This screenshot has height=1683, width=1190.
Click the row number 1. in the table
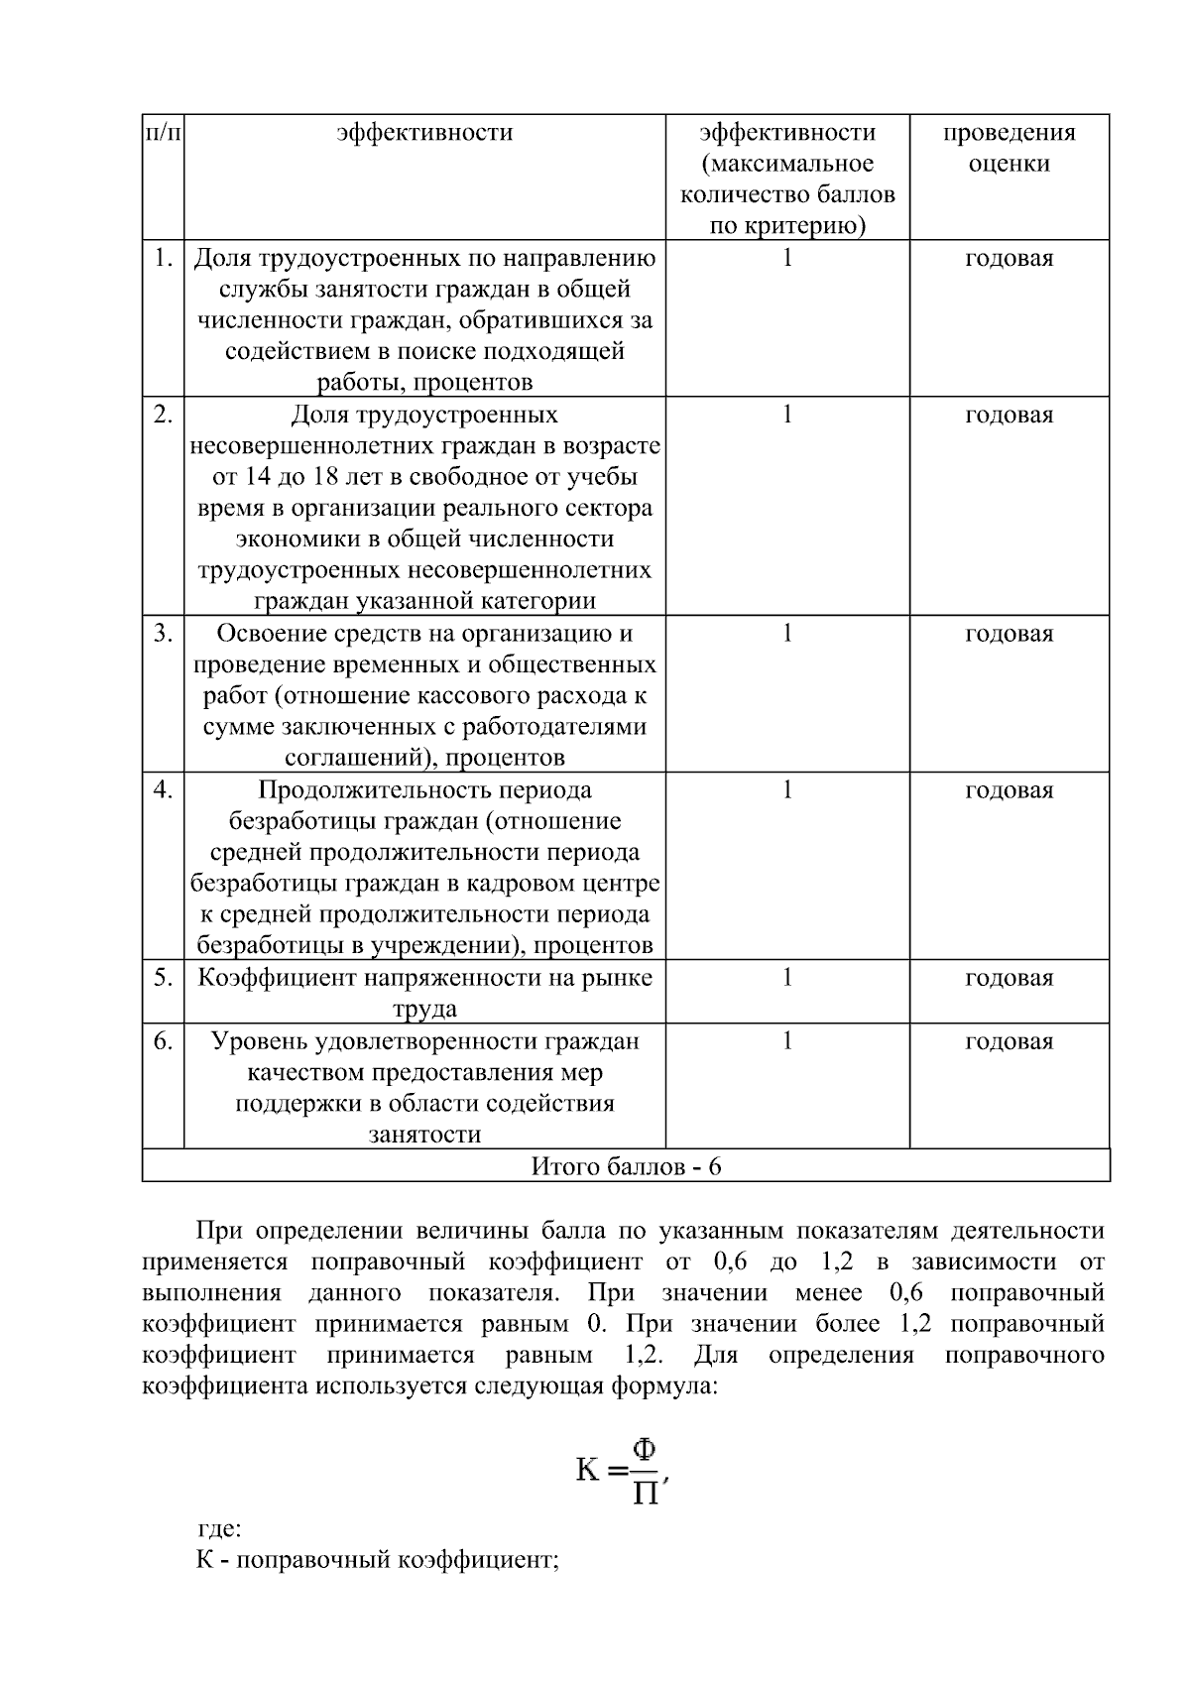pos(164,259)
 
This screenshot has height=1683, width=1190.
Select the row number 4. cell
pos(164,790)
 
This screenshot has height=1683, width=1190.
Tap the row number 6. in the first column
pos(164,1041)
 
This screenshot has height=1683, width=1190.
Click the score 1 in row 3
pos(787,634)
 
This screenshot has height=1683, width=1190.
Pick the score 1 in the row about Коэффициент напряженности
pos(787,978)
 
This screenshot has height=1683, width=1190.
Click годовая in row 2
pos(1009,416)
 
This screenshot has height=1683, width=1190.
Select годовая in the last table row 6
pos(1009,1041)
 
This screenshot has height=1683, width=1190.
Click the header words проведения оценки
pos(1009,148)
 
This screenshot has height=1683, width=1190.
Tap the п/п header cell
pos(164,133)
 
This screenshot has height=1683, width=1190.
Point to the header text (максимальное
pos(787,164)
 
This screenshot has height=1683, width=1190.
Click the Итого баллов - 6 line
pos(626,1166)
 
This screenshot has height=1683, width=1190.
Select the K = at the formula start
pos(601,1470)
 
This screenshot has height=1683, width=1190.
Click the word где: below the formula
pos(219,1528)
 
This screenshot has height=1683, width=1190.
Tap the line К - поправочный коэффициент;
pos(378,1560)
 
